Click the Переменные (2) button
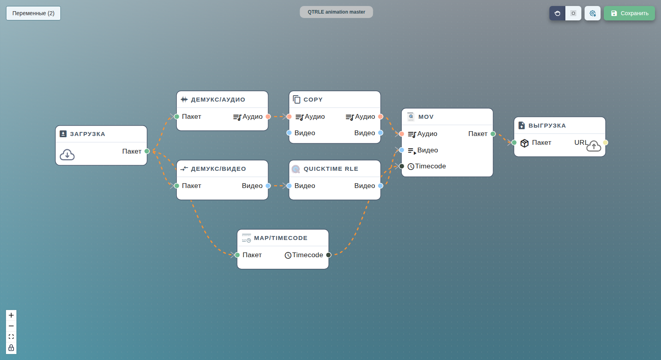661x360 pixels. (33, 13)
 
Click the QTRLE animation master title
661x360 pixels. (337, 12)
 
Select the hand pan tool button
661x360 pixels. (557, 13)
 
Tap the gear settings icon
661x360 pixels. (593, 13)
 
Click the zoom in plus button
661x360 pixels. (11, 315)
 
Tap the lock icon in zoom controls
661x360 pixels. (11, 348)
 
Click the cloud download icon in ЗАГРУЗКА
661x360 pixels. (67, 155)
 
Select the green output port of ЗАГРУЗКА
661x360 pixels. (147, 151)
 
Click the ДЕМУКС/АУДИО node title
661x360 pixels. (218, 100)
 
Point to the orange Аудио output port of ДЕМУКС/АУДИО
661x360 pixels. (268, 116)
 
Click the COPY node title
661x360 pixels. (313, 100)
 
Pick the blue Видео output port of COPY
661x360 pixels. (381, 133)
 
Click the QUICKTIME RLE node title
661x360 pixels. (331, 169)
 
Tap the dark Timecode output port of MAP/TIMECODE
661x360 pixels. (329, 255)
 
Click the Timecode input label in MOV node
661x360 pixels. (430, 166)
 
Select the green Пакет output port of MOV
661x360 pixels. (493, 134)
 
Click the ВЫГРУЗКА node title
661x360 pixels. (547, 126)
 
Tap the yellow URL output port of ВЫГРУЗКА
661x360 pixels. (605, 142)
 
